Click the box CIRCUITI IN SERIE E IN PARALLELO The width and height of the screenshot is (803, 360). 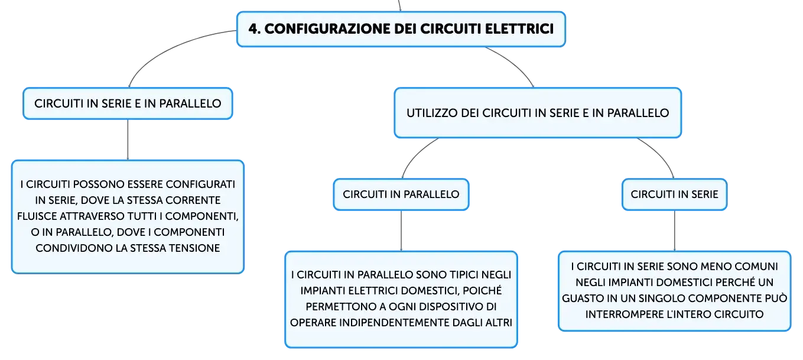[128, 103]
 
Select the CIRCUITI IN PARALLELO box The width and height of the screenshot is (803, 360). [401, 194]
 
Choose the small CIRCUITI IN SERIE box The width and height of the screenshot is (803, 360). [674, 194]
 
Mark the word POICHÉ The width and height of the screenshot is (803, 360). [482, 290]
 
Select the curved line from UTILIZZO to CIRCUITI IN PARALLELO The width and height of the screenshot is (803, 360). [416, 155]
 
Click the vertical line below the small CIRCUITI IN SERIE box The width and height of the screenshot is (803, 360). [674, 231]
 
